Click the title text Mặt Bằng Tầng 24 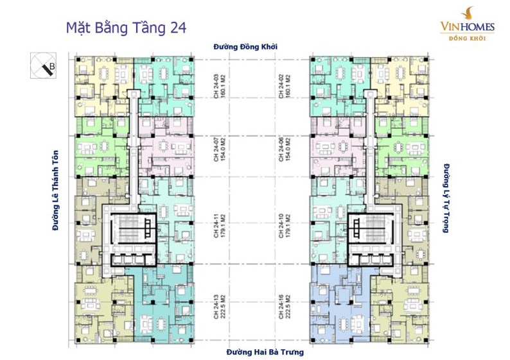pyautogui.click(x=127, y=28)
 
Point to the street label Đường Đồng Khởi pyautogui.click(x=254, y=46)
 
